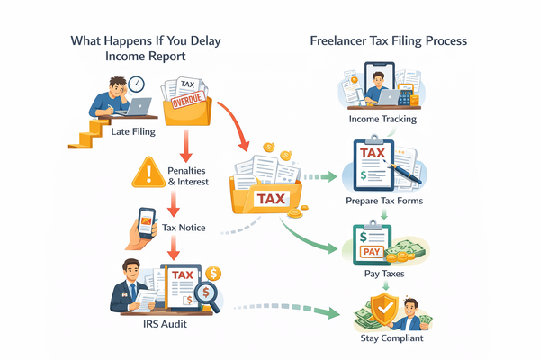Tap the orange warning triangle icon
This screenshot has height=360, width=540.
point(146,171)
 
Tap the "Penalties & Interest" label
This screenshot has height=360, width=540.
point(188,176)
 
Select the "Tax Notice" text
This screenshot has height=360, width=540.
point(184,228)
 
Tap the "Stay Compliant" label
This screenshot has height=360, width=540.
point(385,340)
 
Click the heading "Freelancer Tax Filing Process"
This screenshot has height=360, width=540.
point(388,41)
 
